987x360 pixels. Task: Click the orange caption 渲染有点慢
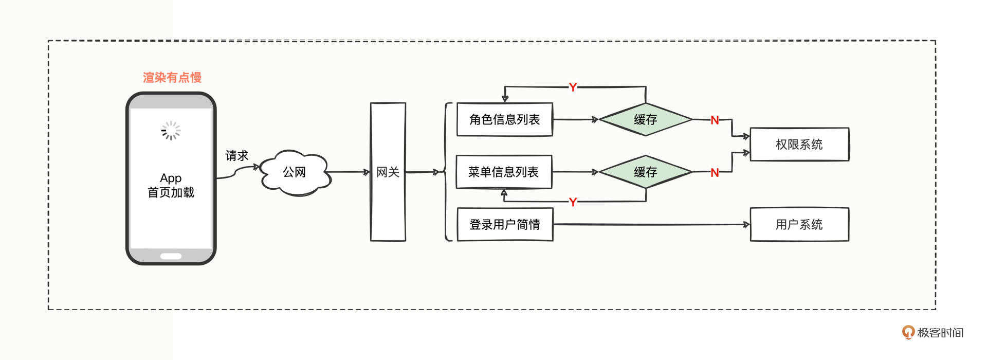click(172, 78)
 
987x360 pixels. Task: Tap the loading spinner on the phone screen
click(171, 131)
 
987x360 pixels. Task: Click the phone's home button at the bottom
click(171, 256)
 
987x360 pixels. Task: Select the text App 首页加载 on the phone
click(171, 186)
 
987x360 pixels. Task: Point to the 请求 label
click(236, 155)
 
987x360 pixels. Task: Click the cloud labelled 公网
click(295, 172)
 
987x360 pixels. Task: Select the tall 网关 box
click(388, 172)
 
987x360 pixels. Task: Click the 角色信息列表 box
click(504, 120)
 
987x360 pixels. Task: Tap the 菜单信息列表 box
click(504, 172)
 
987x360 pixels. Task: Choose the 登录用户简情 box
click(504, 225)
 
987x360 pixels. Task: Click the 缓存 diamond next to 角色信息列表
click(645, 120)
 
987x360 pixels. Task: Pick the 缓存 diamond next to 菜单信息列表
click(645, 172)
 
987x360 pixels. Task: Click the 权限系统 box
click(799, 145)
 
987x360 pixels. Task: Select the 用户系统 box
click(799, 225)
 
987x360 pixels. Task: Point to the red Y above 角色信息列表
click(573, 87)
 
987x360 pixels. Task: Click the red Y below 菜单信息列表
click(573, 202)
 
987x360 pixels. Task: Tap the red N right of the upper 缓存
click(715, 120)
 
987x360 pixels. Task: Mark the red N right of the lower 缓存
click(715, 173)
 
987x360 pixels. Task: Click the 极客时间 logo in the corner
click(933, 333)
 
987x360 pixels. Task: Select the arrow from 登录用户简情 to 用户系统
click(651, 225)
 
